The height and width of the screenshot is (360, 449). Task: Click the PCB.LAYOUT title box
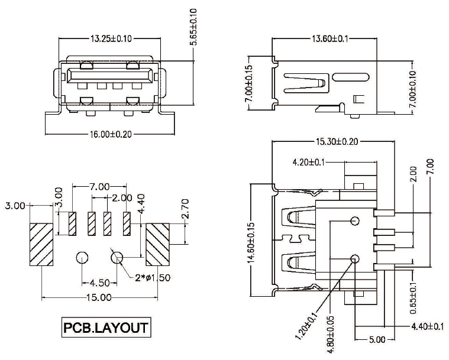(x=106, y=327)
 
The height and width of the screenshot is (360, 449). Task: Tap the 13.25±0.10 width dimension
(x=111, y=38)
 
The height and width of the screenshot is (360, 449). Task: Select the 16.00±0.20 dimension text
(x=111, y=134)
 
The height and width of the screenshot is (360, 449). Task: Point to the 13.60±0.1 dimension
(x=330, y=38)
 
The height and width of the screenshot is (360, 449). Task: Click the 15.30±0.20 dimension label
(x=337, y=141)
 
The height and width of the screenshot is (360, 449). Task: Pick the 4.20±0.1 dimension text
(x=309, y=163)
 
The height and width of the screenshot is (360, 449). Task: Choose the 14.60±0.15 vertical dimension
(x=251, y=243)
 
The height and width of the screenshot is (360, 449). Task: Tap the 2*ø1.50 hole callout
(x=153, y=278)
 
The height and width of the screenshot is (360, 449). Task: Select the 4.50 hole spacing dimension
(x=99, y=283)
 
